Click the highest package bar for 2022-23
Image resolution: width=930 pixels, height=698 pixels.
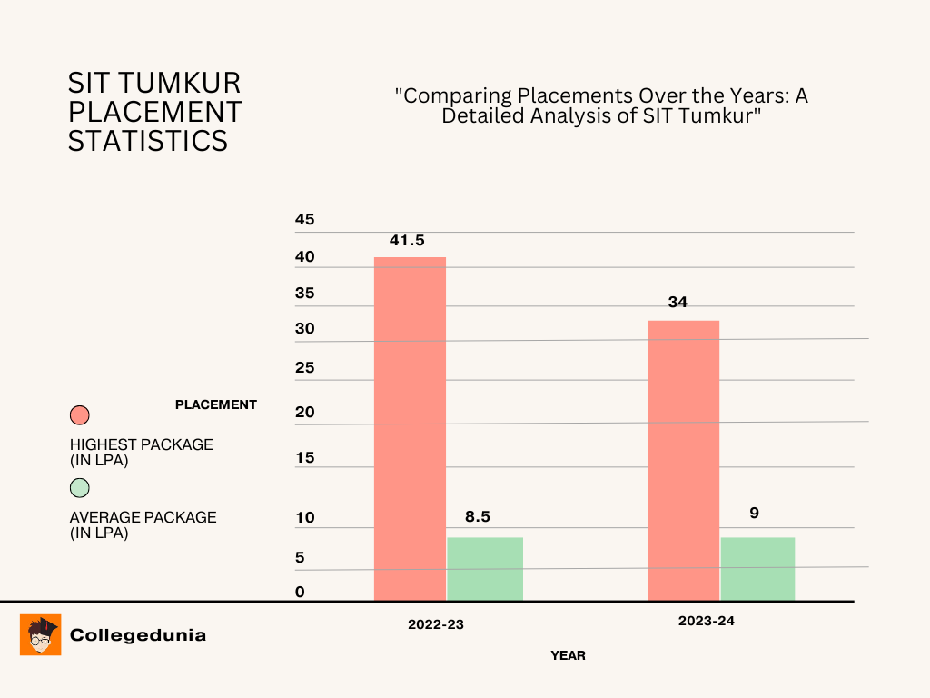point(410,428)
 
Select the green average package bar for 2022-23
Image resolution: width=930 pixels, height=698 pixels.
point(485,568)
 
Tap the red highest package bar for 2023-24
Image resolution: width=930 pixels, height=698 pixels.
point(683,460)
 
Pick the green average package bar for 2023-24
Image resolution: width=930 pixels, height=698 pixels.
point(757,568)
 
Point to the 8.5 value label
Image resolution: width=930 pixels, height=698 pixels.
point(478,516)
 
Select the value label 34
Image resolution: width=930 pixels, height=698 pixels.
point(678,303)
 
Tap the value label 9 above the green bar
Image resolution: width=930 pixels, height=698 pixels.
point(754,513)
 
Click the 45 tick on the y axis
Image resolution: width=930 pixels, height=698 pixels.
point(305,220)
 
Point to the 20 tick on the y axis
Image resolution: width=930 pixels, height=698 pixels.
point(305,413)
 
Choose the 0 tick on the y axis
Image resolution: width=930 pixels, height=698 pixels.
point(300,593)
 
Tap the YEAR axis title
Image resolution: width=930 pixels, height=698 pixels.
point(568,655)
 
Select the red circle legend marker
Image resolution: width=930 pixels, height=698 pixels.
point(80,415)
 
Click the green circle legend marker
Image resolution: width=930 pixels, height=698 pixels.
point(80,488)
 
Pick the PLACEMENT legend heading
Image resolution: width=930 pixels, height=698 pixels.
point(216,404)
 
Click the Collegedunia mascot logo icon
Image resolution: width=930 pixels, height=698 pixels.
point(41,634)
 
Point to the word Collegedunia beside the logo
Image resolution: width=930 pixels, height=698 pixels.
point(138,635)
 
